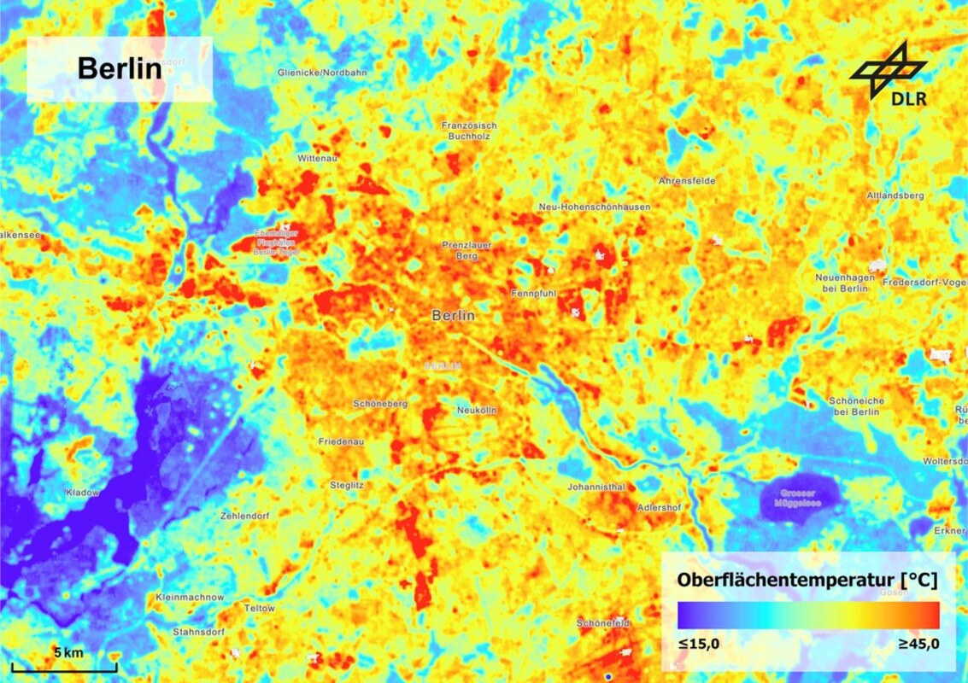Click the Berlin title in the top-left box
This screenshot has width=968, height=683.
point(120,68)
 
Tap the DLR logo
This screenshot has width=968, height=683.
point(889,76)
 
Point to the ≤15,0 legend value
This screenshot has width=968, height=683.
point(699,643)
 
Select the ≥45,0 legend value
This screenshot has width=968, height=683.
point(918,643)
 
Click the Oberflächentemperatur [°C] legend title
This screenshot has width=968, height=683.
point(807,580)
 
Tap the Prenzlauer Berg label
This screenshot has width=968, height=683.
point(467,250)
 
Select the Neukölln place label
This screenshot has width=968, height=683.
point(477,410)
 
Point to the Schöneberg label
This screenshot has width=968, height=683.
point(380,403)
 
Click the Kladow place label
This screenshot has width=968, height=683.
point(83,493)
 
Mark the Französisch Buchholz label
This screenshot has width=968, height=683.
point(469,131)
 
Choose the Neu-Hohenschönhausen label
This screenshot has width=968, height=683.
point(595,207)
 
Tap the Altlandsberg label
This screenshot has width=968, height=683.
point(895,196)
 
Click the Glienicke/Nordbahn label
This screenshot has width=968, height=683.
point(322,73)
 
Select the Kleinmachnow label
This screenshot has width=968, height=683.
point(191,597)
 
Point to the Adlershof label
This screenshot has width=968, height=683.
point(660,508)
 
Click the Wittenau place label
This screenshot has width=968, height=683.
point(318,159)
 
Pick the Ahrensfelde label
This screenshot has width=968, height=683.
point(687,181)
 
